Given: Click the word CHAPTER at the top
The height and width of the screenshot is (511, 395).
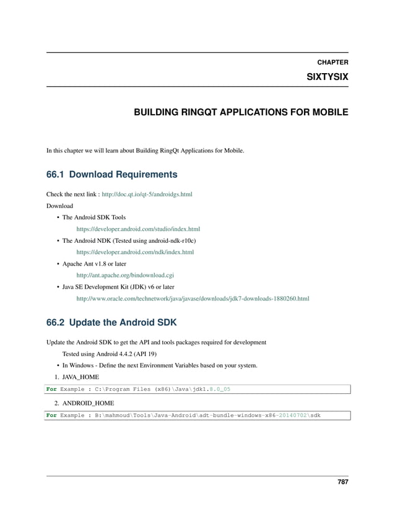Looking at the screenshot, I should tap(332, 63).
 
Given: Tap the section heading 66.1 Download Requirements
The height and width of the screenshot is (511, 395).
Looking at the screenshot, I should tap(112, 174).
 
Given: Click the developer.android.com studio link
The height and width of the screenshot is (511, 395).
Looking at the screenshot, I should tap(137, 229).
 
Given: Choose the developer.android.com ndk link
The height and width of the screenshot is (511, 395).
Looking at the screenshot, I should tap(134, 252).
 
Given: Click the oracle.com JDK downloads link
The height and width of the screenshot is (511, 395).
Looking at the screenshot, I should tap(193, 299).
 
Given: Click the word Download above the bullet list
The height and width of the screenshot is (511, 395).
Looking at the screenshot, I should tap(60, 206).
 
